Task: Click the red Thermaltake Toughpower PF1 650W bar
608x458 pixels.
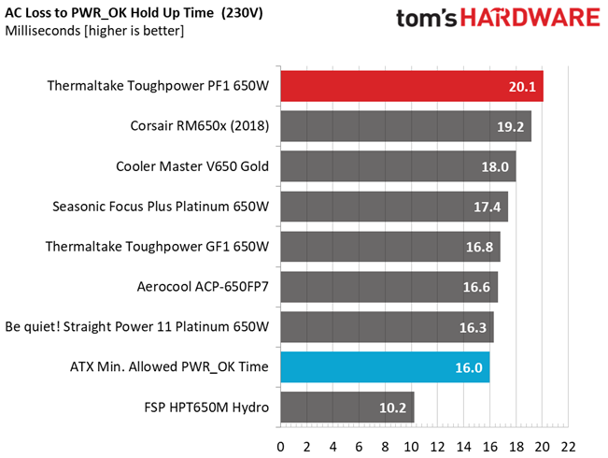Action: pos(412,86)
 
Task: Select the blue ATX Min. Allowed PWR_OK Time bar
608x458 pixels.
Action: pos(385,367)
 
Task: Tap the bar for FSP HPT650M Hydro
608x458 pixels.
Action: pos(347,408)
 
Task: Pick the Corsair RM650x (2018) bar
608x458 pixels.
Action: pos(406,126)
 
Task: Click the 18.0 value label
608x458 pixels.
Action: pos(495,167)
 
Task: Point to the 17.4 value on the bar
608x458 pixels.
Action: pos(487,207)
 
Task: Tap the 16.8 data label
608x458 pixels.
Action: pos(479,247)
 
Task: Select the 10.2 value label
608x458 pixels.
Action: pos(392,408)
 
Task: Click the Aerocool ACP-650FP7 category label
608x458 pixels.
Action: pos(203,287)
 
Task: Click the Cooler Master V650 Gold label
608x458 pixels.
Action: pos(192,166)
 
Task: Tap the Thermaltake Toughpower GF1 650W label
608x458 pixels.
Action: pos(157,247)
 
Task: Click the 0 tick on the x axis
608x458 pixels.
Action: pos(280,447)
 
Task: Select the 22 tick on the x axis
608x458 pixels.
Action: pos(568,447)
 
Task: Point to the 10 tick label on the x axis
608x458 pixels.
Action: pos(411,447)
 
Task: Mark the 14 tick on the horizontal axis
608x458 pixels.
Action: pos(463,447)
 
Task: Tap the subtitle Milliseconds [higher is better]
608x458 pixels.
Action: pos(94,31)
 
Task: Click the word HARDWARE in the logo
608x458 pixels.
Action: pos(530,19)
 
